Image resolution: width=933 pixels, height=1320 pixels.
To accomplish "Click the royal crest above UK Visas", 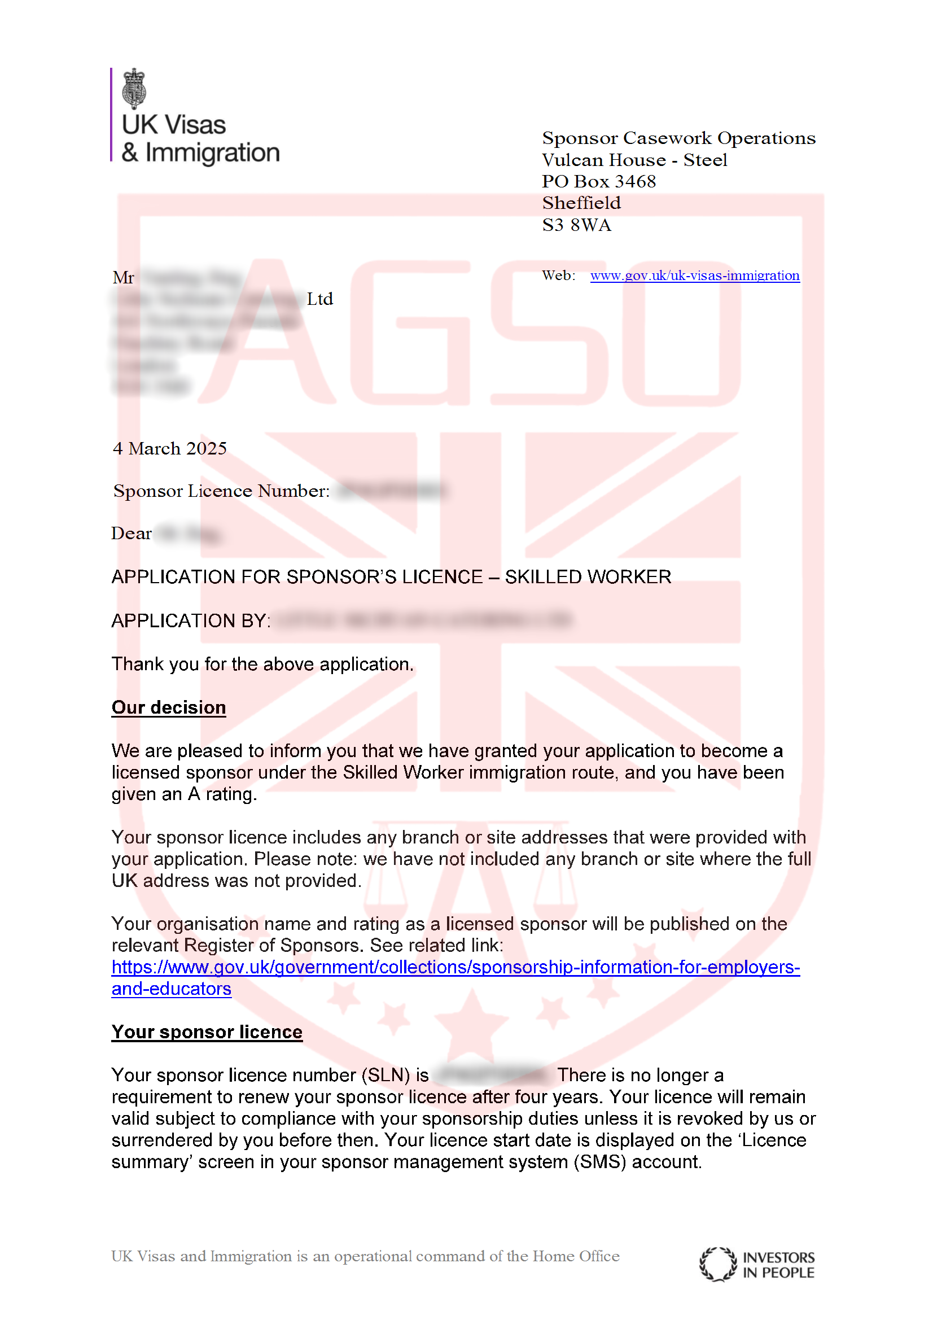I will (134, 89).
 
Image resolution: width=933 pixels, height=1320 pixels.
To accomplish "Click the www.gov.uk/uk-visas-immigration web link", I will (694, 276).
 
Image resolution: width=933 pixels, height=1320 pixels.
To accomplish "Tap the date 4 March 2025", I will (169, 448).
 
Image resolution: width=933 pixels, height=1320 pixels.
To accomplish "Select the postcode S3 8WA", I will (577, 225).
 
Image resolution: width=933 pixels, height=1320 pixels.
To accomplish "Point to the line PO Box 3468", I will (598, 181).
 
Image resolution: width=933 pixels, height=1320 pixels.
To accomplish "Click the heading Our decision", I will (168, 707).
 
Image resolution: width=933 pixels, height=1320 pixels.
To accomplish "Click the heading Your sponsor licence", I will (207, 1032).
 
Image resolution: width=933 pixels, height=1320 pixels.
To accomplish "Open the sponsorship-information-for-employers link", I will (455, 968).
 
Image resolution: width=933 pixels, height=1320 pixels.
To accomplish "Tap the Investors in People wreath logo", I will (717, 1264).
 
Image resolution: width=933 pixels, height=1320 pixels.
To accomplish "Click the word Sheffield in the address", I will (581, 203).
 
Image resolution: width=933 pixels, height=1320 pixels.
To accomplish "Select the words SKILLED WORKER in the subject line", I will (588, 576).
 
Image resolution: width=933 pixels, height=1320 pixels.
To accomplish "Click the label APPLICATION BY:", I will (191, 620).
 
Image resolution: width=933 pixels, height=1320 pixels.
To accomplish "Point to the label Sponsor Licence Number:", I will (221, 491).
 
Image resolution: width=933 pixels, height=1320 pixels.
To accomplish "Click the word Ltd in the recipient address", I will (319, 299).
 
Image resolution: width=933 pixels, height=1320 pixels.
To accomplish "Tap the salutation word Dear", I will (132, 534).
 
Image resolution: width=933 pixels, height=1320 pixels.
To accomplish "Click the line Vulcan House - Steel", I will (634, 160).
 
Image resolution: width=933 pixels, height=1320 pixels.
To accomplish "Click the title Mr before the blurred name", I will (124, 278).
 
